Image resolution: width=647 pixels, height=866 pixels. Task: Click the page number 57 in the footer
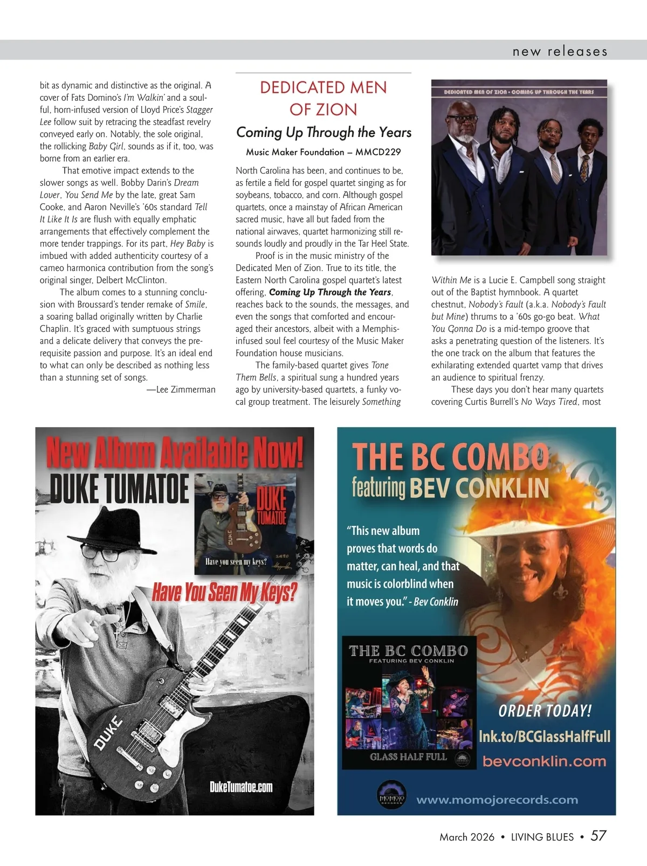pos(598,836)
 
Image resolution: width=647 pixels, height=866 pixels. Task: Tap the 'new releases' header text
pos(560,52)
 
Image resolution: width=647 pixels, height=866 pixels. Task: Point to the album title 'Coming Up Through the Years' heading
pos(323,132)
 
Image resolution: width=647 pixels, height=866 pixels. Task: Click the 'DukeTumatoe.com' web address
pos(241,787)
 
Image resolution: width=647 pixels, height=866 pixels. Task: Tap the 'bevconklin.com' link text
pos(544,761)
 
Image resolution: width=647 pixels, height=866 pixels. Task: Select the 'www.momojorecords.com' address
pos(497,800)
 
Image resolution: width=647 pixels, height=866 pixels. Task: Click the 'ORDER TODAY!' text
pos(545,711)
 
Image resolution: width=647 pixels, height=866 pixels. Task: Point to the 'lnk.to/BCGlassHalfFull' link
pos(545,736)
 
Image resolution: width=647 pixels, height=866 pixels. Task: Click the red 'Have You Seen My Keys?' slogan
pos(224,593)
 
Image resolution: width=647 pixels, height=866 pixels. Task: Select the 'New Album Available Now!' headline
pos(175,453)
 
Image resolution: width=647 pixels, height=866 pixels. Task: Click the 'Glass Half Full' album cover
pos(409,701)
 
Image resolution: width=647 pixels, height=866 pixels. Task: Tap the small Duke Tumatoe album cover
pos(245,523)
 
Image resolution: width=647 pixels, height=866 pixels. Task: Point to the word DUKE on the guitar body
pos(109,734)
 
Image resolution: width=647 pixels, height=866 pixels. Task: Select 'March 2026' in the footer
pos(467,837)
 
